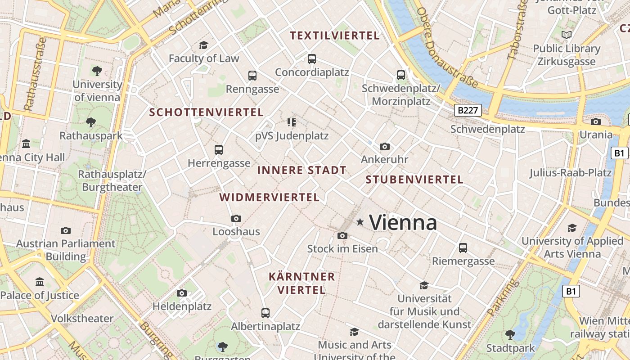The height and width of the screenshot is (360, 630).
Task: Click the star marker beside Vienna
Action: click(360, 222)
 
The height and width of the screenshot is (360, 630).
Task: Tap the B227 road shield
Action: click(468, 110)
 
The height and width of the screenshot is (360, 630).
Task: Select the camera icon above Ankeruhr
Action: click(384, 146)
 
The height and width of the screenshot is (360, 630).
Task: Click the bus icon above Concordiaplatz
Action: click(311, 58)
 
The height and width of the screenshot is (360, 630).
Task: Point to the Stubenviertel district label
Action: click(414, 180)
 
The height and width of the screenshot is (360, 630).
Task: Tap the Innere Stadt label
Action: click(301, 170)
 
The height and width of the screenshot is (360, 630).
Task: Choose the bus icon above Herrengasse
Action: click(219, 149)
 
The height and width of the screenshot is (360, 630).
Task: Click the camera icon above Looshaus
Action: click(236, 218)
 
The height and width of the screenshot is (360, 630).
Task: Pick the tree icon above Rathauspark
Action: click(91, 122)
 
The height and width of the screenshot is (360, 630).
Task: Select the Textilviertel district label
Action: click(335, 36)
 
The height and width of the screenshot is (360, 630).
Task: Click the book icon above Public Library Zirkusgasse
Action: click(567, 35)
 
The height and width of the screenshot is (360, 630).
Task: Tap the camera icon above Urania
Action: click(596, 121)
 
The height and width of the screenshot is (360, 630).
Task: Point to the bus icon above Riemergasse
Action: click(463, 247)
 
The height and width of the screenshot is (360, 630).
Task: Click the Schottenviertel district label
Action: click(206, 112)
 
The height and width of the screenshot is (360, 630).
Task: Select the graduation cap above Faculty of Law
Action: click(203, 45)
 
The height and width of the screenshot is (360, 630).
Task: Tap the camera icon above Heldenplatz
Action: click(182, 293)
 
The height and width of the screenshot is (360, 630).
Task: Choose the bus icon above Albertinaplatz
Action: click(265, 313)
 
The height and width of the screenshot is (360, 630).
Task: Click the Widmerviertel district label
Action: click(269, 197)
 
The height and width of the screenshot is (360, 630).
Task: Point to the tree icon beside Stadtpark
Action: click(510, 334)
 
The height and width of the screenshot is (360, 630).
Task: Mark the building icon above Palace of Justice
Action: click(40, 282)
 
